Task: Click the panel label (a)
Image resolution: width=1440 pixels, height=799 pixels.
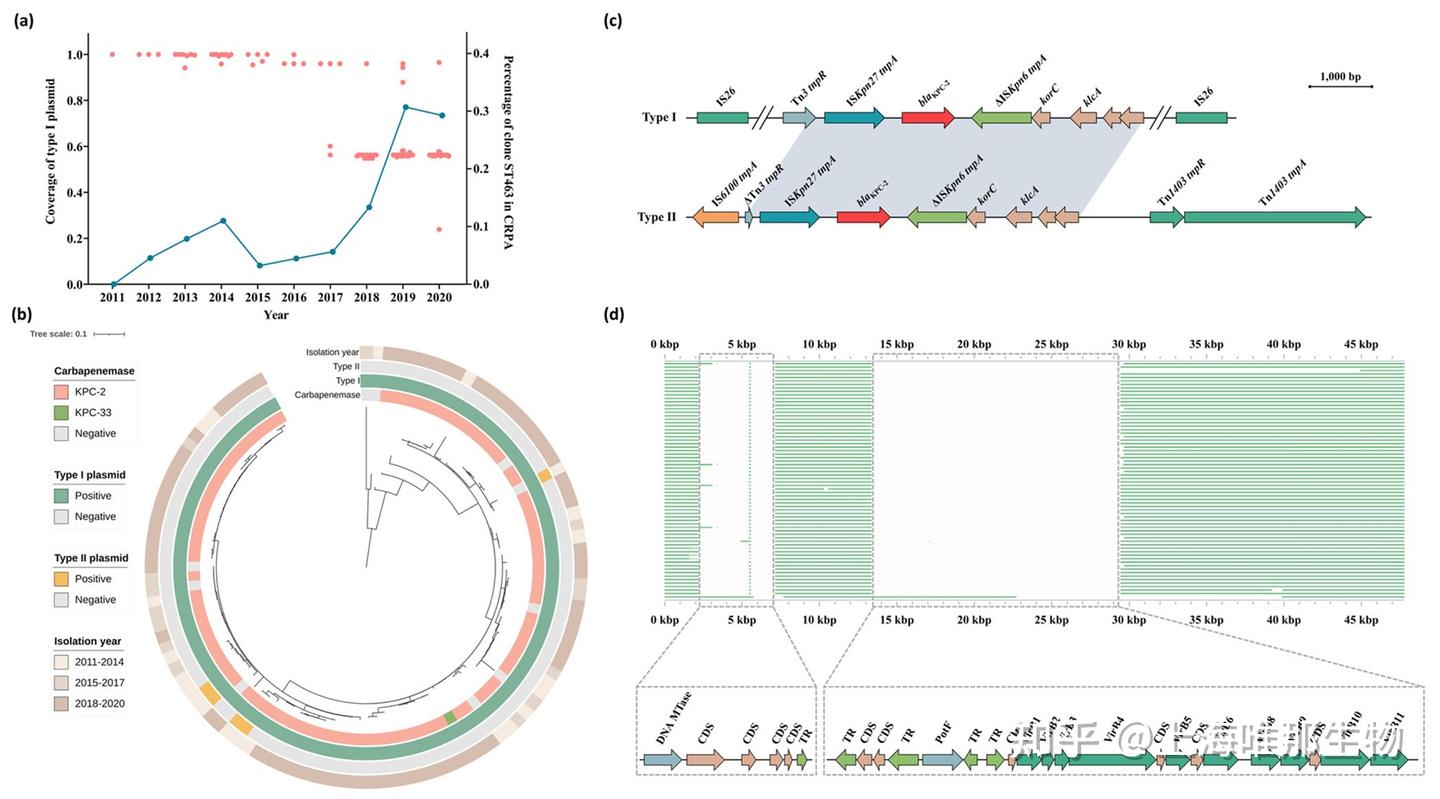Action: click(x=23, y=19)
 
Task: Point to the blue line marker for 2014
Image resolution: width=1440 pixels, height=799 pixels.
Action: click(x=222, y=220)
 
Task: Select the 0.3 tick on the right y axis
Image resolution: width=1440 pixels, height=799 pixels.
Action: click(x=484, y=111)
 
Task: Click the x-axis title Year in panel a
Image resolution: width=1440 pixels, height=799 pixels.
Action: click(x=276, y=315)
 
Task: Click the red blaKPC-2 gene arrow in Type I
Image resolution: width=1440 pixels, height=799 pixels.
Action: click(x=927, y=118)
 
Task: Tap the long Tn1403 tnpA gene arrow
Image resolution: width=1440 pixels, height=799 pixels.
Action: click(x=1274, y=217)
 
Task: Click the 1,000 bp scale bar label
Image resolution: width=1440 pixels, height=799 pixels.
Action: click(x=1340, y=76)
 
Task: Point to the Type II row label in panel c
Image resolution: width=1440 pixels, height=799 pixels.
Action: click(x=657, y=217)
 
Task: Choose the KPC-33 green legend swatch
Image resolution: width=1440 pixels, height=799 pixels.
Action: click(x=64, y=413)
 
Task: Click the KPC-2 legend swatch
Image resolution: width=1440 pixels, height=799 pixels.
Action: click(x=64, y=392)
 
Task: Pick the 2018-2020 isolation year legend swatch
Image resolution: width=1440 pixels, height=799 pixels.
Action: click(x=64, y=703)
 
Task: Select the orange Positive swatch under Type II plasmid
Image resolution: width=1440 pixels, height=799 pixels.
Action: click(x=64, y=579)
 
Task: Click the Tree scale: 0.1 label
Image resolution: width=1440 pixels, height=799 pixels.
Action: click(x=59, y=334)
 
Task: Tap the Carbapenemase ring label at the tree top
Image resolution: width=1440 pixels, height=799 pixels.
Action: click(x=326, y=395)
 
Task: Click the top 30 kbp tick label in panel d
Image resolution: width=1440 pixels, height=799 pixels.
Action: click(x=1129, y=344)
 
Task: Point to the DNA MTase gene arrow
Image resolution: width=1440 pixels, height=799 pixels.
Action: click(x=662, y=760)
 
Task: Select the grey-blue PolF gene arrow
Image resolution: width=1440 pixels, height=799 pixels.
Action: click(x=942, y=760)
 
